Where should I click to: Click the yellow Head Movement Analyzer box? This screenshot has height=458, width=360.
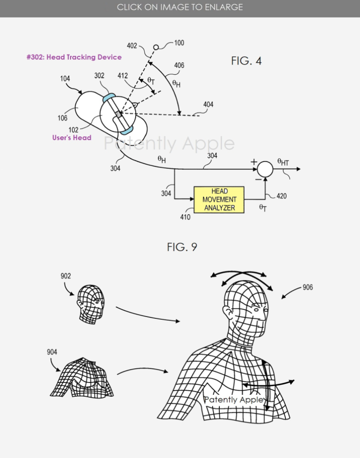219,200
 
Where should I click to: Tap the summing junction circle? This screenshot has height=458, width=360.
265,169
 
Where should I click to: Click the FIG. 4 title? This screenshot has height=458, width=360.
246,61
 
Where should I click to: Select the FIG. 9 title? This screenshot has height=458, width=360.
182,247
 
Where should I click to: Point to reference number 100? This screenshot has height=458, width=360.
179,43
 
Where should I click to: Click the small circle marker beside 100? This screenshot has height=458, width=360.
156,47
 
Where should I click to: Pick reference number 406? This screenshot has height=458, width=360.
179,65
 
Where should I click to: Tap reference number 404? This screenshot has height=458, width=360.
208,104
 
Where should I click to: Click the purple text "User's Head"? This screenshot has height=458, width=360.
71,138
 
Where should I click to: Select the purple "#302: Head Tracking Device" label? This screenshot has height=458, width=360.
74,57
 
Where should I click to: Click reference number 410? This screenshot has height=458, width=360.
185,217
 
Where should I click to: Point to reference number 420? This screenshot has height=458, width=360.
281,196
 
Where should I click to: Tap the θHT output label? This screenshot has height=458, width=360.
283,162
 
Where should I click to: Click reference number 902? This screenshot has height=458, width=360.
65,276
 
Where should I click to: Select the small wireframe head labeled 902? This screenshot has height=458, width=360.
91,304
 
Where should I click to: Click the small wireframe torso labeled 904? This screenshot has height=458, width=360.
82,377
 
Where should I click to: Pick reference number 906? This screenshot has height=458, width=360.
308,287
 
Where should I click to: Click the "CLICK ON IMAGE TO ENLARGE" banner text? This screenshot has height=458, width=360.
180,7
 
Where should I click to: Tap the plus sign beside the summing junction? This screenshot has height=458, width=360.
254,162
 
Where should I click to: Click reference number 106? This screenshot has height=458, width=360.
62,118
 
